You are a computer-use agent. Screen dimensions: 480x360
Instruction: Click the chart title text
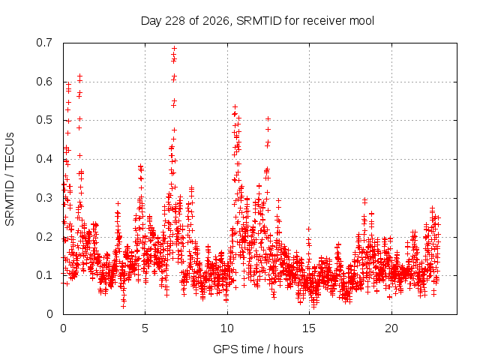(x=257, y=21)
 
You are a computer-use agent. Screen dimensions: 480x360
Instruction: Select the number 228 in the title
(x=175, y=21)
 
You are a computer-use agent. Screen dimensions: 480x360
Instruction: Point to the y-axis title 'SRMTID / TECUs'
(x=10, y=179)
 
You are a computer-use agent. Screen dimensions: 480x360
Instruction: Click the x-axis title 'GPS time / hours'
(x=258, y=349)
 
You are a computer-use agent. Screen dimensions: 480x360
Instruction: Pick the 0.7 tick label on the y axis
(x=44, y=43)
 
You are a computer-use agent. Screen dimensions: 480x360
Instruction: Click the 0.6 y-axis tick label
(x=44, y=82)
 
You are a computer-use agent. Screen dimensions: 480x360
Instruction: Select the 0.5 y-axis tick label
(x=44, y=120)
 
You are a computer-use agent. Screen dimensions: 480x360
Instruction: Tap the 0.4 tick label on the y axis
(x=44, y=159)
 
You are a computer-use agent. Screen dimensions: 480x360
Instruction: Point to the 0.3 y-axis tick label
(x=44, y=198)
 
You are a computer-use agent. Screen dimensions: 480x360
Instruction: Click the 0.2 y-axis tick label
(x=44, y=237)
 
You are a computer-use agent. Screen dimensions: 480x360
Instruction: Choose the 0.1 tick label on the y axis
(x=44, y=275)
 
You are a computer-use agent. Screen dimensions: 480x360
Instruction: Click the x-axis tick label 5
(x=145, y=328)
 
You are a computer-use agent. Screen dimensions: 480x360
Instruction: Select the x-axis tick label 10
(x=226, y=328)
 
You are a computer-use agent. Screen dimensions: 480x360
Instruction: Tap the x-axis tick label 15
(x=309, y=328)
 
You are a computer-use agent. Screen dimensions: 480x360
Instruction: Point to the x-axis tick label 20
(x=391, y=328)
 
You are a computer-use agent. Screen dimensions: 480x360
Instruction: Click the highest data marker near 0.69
(x=174, y=48)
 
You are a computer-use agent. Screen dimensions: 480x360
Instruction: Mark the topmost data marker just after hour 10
(x=235, y=106)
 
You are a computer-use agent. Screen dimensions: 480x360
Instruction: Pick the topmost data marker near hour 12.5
(x=268, y=118)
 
